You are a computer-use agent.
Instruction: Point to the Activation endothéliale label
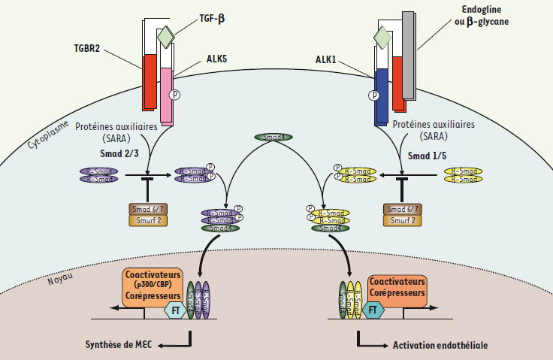click(440, 345)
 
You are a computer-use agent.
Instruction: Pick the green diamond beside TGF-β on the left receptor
click(165, 35)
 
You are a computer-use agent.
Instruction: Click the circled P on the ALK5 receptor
click(175, 95)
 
